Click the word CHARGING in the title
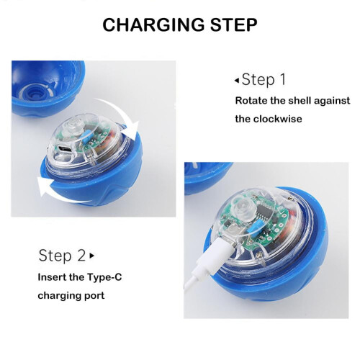point(154,24)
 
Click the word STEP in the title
point(234,24)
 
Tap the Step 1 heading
point(264,79)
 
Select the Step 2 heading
point(62,256)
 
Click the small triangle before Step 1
point(237,81)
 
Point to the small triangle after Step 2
point(91,256)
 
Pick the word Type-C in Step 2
point(104,277)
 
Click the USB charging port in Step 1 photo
point(65,150)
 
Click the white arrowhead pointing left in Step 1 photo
point(45,186)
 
